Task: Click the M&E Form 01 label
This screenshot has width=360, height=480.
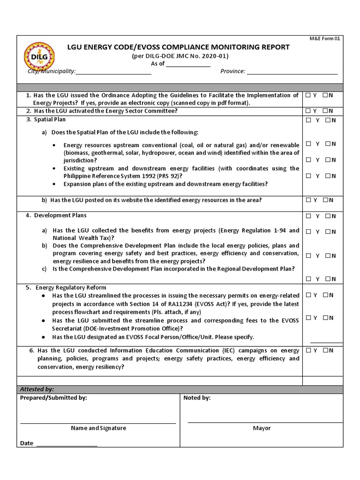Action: [x=327, y=39]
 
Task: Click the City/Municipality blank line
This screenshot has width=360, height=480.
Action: [x=113, y=73]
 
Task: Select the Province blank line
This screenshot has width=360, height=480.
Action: [x=292, y=73]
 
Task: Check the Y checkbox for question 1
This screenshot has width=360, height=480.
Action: [x=308, y=95]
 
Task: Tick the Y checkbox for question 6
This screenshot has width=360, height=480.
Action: [x=308, y=350]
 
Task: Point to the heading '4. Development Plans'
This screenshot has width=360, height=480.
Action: [x=57, y=216]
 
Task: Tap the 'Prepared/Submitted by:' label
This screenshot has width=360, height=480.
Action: [x=53, y=398]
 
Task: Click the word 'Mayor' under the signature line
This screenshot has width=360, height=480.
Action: [x=262, y=428]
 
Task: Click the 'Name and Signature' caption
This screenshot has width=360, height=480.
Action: [x=98, y=428]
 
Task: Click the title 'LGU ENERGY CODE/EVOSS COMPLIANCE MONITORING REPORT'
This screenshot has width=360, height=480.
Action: [x=179, y=47]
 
